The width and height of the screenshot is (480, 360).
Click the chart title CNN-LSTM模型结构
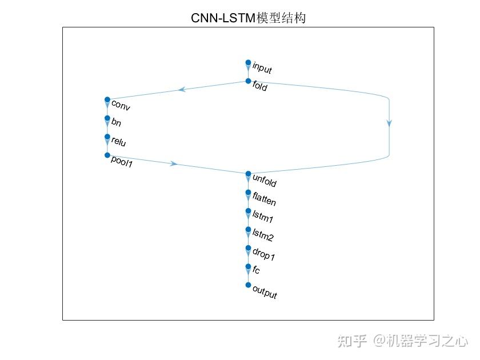tap(248, 18)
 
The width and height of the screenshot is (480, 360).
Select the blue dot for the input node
tap(248, 62)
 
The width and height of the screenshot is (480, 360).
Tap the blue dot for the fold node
tap(248, 81)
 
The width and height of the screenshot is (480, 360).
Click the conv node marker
tap(107, 99)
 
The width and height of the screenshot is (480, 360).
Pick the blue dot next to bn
tap(107, 118)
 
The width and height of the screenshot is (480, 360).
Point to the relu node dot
tap(107, 137)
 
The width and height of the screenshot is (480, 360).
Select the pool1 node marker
tap(107, 155)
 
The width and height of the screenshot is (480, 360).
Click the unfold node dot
tap(248, 174)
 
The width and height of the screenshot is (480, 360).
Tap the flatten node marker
tap(248, 192)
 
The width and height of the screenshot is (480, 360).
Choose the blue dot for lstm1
tap(248, 211)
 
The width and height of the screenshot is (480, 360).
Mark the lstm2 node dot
tap(248, 229)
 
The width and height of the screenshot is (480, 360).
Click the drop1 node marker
tap(248, 248)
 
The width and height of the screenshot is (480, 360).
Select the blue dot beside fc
tap(248, 266)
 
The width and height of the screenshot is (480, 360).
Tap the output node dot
tap(248, 285)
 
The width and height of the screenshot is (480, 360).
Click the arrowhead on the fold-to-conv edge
tap(182, 89)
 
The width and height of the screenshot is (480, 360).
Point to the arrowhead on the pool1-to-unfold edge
tap(174, 164)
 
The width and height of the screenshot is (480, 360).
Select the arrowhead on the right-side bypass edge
tap(389, 123)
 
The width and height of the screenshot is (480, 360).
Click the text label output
tap(265, 292)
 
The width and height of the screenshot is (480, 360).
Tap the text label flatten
tap(264, 198)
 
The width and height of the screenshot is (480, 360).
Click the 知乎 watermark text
tap(352, 341)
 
